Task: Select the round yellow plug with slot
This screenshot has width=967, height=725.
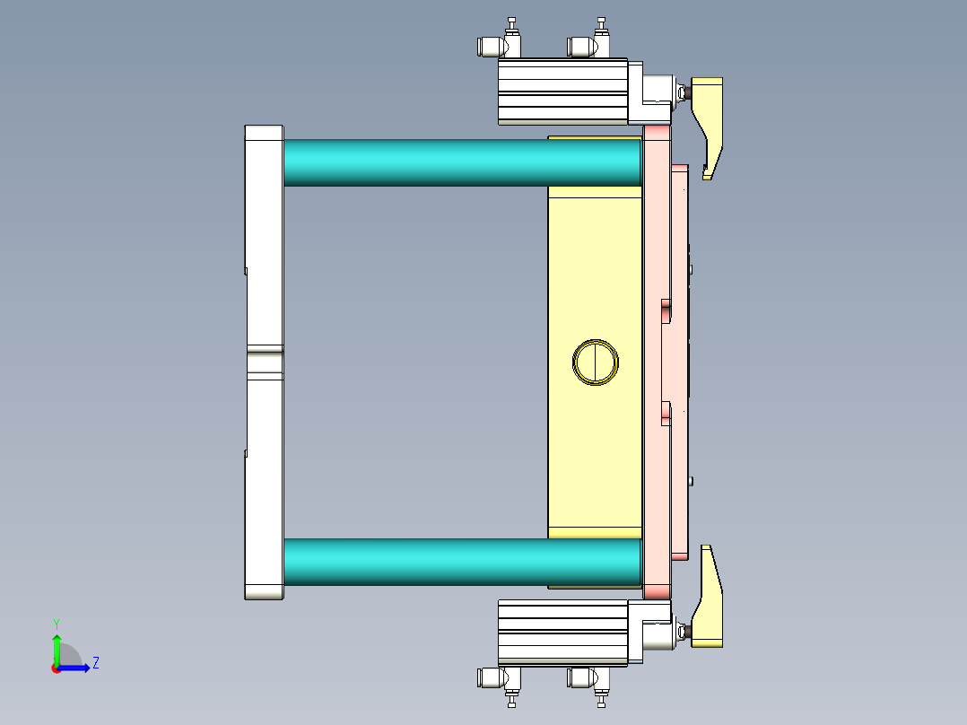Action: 596,362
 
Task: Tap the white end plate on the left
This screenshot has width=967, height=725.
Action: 264,224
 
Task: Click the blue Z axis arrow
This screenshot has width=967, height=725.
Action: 75,668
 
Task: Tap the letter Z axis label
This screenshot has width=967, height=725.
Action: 96,663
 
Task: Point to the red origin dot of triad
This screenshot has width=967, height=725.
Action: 57,668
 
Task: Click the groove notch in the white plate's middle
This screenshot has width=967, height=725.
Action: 264,362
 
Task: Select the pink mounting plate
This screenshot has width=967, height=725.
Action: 656,359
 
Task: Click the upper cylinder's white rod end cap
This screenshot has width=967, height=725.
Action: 653,92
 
